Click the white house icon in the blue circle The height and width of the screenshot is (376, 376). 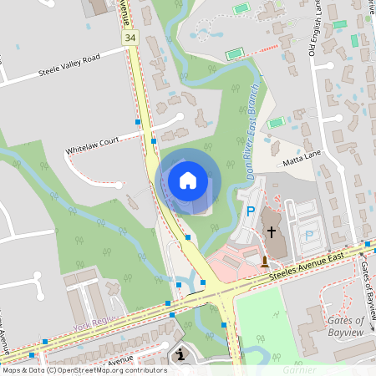click(x=188, y=180)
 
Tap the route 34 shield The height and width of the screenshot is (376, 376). click(x=130, y=38)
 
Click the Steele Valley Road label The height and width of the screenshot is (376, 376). click(x=69, y=66)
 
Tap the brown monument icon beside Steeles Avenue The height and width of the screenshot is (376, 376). click(x=265, y=262)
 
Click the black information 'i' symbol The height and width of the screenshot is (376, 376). click(x=181, y=355)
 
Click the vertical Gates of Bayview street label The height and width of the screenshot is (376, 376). click(x=366, y=281)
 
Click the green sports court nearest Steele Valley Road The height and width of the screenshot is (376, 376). click(x=235, y=55)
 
